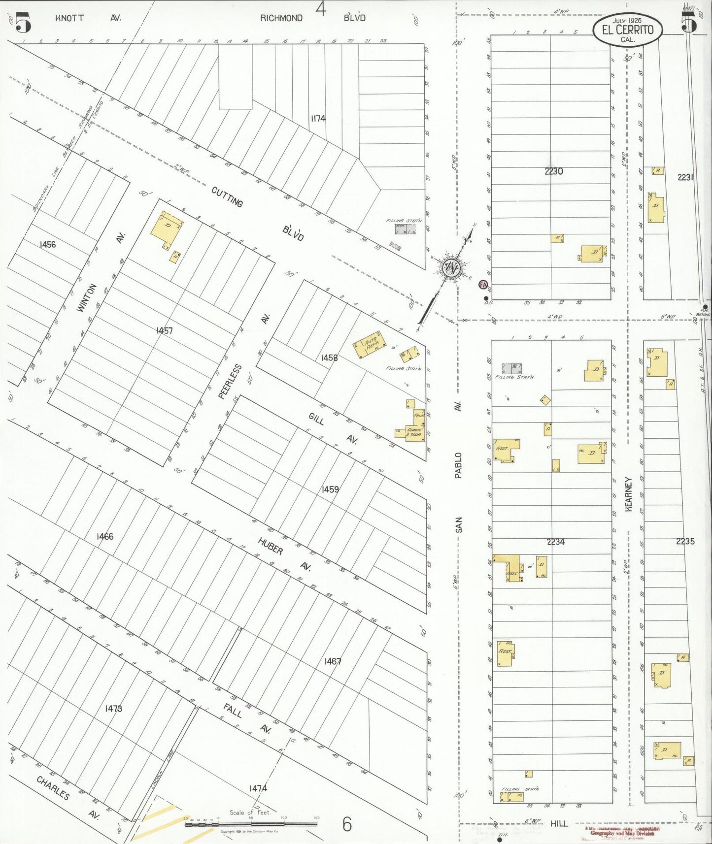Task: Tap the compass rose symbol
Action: [x=450, y=268]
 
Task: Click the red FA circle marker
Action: [x=483, y=285]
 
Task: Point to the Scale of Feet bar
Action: [x=251, y=823]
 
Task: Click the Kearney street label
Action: [x=628, y=494]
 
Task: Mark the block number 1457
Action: [x=164, y=330]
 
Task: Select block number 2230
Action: [x=554, y=171]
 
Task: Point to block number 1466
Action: [x=104, y=536]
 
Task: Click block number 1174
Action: [x=318, y=118]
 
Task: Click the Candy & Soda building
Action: [x=414, y=432]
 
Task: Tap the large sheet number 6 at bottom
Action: [x=347, y=824]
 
